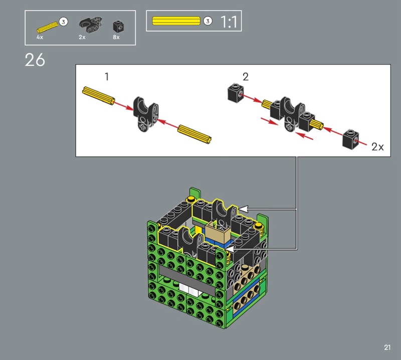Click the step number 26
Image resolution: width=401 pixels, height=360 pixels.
tap(35, 60)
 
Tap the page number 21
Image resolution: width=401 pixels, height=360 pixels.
tap(387, 347)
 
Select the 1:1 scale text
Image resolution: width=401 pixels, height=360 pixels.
tap(229, 22)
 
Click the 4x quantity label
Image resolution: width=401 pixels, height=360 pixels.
tap(40, 38)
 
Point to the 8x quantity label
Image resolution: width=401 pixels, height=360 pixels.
tap(116, 38)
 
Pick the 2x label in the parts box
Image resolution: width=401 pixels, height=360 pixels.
tap(82, 38)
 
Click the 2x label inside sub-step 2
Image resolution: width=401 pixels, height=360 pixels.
tap(377, 147)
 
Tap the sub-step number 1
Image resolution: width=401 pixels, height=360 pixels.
tap(107, 77)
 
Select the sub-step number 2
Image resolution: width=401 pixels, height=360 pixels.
tap(246, 77)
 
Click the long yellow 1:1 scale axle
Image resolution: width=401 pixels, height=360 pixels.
tap(176, 21)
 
